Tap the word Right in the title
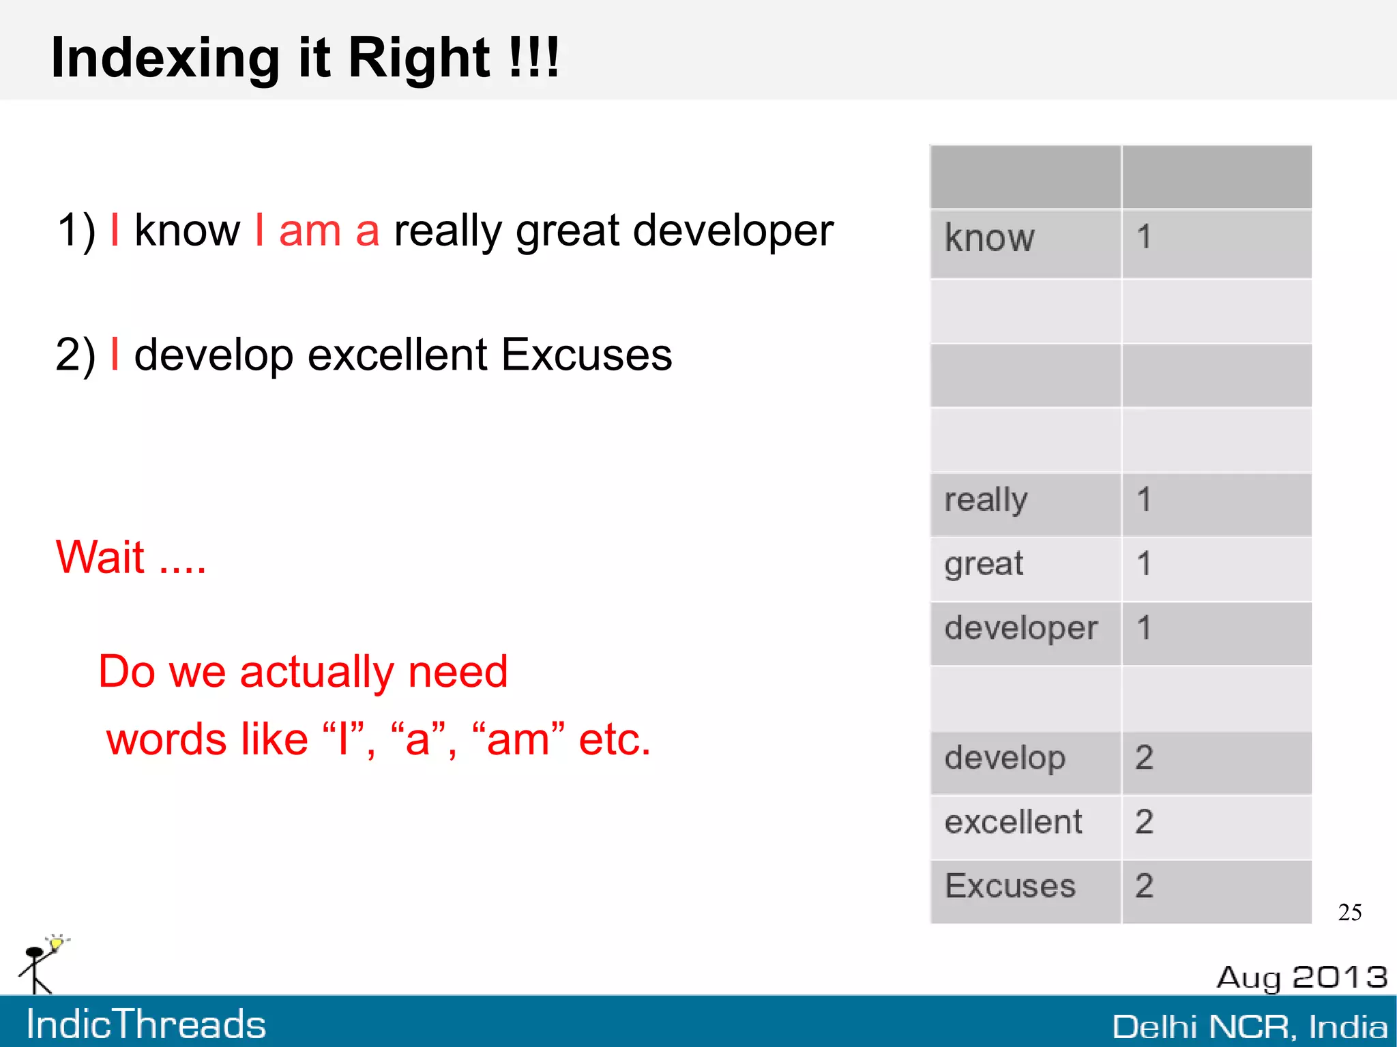tap(418, 58)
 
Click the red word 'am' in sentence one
tap(310, 231)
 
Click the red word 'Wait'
tap(100, 557)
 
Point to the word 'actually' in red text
tap(317, 673)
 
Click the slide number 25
tap(1349, 913)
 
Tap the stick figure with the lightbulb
tap(40, 964)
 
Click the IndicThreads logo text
tap(146, 1024)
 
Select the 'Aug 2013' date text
tap(1302, 977)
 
